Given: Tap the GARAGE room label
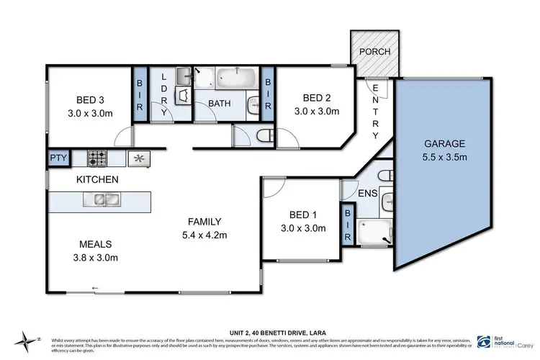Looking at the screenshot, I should [444, 143].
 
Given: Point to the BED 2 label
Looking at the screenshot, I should [317, 98].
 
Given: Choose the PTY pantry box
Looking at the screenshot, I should [56, 158].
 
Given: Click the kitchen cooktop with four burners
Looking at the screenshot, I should [97, 156].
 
